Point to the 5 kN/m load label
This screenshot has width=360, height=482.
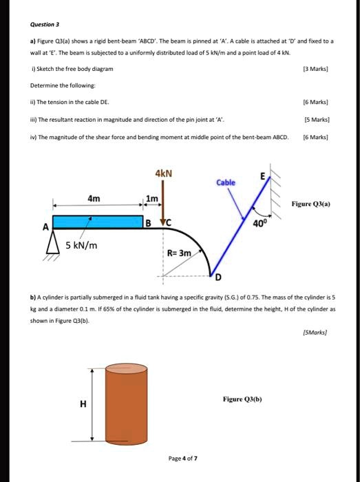point(81,246)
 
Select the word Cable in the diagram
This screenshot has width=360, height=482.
point(226,182)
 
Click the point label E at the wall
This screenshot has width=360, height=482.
point(262,177)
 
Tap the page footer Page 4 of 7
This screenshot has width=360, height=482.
point(182,458)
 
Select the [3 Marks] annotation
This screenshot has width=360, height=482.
point(320,70)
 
